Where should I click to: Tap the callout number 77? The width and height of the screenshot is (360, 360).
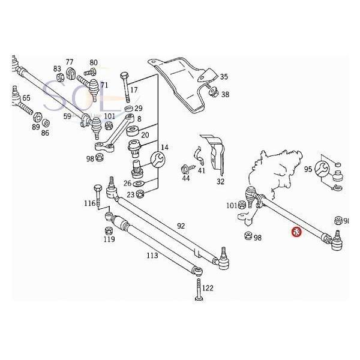coord(70,62)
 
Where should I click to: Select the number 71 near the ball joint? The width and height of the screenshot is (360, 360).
coord(104,85)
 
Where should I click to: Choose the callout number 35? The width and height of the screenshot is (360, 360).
coord(224,77)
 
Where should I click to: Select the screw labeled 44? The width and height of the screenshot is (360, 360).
coord(185,170)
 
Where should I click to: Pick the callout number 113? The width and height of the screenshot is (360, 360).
coord(152,255)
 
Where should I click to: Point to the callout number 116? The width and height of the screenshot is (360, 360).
coord(89,204)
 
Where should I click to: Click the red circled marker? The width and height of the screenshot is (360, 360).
coord(295,231)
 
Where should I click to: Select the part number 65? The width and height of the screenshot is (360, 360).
coord(26,98)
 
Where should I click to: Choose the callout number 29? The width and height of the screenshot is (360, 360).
coord(138,108)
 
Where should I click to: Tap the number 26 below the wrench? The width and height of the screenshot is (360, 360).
coord(127,183)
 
